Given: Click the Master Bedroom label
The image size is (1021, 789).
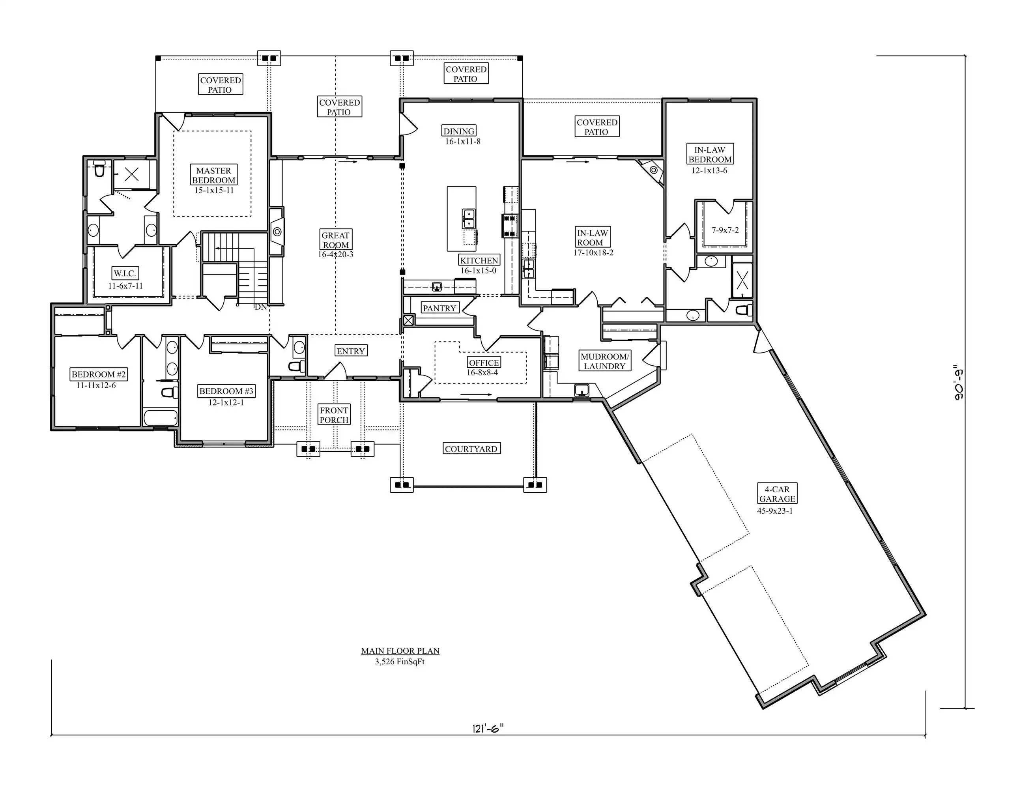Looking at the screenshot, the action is pos(214,175).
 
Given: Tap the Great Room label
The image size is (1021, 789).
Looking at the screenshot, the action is pos(336,240).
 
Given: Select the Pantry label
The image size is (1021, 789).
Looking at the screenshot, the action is pos(439,308).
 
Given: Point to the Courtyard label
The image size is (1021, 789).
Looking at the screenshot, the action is pos(471,449).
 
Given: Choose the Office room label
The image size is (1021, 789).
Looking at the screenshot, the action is pos(484,363).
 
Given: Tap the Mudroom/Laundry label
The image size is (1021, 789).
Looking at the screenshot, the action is pos(604,361).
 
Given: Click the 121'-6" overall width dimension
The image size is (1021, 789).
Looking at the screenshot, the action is pos(488,728).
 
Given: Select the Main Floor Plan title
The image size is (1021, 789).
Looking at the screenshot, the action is pos(400,651).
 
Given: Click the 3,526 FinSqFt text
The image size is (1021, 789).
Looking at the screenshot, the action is pos(400,662).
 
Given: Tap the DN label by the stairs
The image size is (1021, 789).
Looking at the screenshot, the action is pos(261,307).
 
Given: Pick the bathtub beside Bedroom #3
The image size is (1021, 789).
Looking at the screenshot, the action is pos(160,417).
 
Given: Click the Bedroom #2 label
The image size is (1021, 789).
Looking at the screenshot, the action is pos(98,374).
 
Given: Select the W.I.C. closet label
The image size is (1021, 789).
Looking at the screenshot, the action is pos(125,273).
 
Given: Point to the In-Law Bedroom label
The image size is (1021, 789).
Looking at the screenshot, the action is pos(710,154).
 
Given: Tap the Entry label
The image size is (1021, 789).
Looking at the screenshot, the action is pos(351,351).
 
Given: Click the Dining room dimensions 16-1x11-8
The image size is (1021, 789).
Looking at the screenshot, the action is pos(463,142).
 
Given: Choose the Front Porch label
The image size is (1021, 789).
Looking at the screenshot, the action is pos(334,415).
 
